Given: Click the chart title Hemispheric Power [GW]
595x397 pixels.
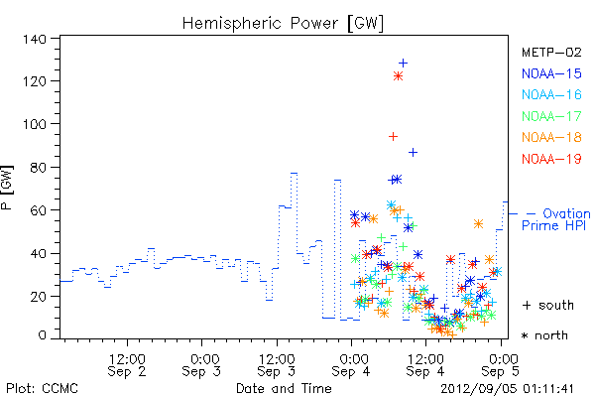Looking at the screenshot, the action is point(283,24).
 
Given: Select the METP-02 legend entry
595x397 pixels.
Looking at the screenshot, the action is point(551,52).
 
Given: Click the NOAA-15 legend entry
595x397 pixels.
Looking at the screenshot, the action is point(551,73).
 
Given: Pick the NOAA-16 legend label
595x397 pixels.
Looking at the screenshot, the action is point(551,94).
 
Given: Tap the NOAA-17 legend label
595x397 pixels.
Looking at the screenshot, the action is point(551,116).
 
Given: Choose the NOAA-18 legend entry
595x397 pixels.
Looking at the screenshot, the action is point(551,137).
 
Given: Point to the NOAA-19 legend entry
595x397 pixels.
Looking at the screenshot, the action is point(551,159).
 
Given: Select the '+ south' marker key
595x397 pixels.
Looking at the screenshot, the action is point(548,305).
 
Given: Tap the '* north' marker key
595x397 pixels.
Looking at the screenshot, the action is point(544,335).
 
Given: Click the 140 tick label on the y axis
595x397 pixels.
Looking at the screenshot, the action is point(34,39).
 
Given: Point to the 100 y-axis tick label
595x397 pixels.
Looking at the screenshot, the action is point(34,124).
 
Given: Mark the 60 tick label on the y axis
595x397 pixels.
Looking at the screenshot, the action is point(38,210).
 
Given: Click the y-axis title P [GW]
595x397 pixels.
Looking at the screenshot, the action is point(8,188).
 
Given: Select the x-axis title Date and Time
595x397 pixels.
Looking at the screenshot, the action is point(284,389).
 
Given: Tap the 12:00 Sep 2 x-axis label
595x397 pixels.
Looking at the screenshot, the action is point(127,365).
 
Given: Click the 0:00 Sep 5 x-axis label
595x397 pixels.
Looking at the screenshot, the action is point(500,365).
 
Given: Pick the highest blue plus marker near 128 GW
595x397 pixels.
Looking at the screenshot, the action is point(403,64).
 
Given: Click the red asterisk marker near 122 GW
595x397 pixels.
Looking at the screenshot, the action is point(398,76).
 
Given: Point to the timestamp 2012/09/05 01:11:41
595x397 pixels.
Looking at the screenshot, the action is point(507,389).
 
